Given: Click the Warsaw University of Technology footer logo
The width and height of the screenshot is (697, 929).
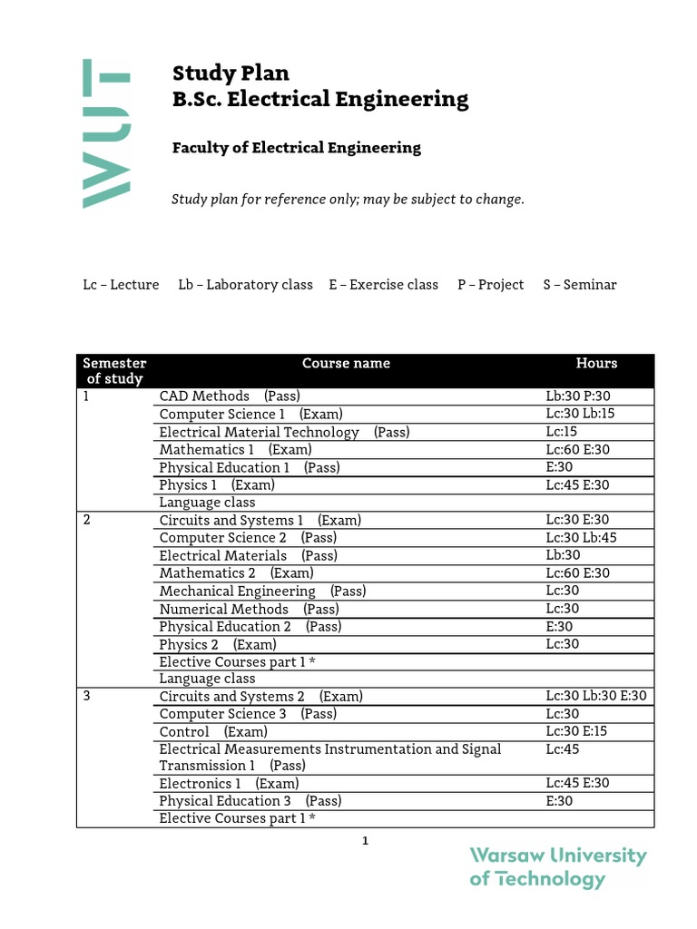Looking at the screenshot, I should click(557, 867).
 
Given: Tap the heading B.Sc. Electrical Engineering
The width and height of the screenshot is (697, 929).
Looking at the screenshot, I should click(320, 99).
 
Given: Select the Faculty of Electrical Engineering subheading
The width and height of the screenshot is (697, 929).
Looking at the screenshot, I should click(296, 148).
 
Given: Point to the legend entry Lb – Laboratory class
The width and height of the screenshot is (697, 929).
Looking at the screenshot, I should click(245, 285).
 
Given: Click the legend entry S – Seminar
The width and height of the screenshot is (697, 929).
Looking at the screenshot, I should click(579, 285).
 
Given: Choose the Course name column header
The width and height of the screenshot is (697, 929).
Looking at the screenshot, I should click(346, 364).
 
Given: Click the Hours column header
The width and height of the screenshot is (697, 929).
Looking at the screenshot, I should click(596, 364).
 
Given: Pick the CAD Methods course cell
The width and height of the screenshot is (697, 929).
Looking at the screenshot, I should click(230, 396).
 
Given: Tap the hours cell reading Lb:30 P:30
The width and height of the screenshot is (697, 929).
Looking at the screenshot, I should click(578, 396).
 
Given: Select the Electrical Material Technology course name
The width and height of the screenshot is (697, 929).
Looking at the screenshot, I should click(284, 432).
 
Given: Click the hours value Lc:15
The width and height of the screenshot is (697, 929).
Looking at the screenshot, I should click(561, 432).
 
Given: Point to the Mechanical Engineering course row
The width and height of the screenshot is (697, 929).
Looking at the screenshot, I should click(262, 591).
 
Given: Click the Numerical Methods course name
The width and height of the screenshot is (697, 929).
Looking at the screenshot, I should click(249, 609).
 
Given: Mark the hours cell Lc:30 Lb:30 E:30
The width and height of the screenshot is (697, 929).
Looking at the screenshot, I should click(596, 697).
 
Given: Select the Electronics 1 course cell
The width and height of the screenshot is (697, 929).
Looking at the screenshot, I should click(229, 784).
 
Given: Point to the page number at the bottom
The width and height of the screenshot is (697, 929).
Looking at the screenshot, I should click(365, 841).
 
